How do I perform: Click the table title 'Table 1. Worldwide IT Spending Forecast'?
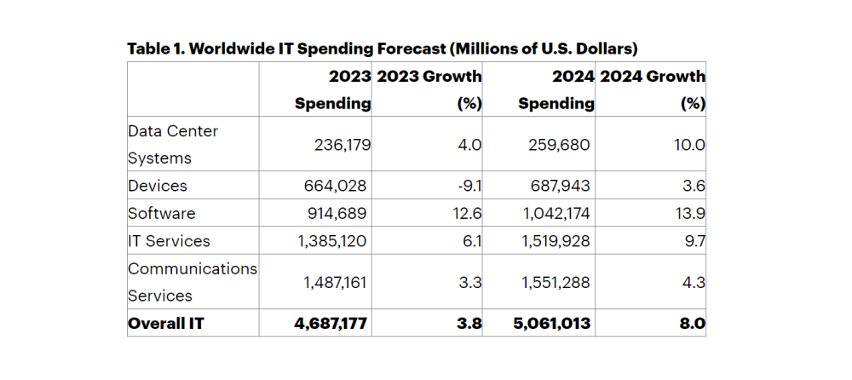382,48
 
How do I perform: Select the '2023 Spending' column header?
333,89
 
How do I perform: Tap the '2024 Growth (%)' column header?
653,89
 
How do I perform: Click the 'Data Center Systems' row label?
173,145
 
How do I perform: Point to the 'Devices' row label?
158,186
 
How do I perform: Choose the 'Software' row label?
162,213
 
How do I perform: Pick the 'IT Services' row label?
169,241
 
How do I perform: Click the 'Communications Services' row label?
193,282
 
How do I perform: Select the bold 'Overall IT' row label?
167,324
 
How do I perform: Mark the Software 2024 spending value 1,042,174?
555,213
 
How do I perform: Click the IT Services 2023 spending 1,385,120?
332,241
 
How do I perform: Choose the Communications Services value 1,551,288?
555,282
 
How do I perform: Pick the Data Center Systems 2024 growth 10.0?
689,145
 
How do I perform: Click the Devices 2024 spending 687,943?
560,186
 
